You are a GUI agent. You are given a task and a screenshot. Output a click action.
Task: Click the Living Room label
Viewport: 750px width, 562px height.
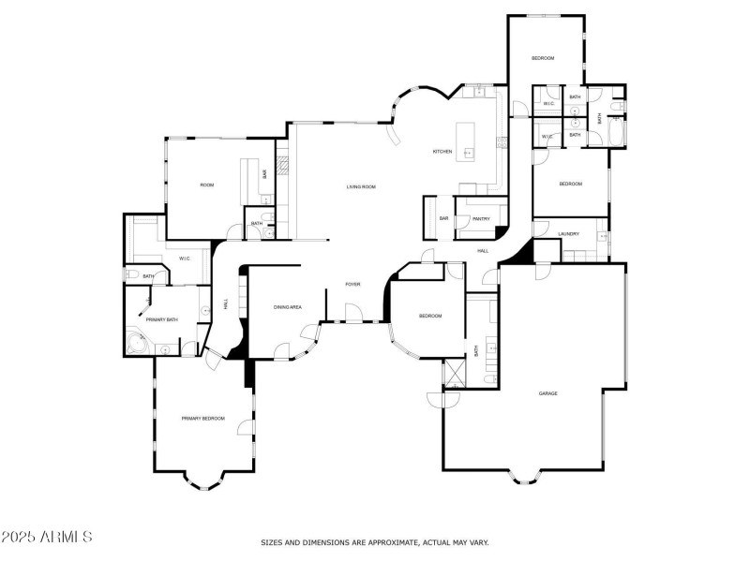pos(361,187)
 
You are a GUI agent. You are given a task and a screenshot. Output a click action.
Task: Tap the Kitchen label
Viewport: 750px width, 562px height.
pos(442,152)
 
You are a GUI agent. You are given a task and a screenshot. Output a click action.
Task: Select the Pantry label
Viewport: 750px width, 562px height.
pos(481,219)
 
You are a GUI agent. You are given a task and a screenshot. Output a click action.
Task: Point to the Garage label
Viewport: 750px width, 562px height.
pos(547,393)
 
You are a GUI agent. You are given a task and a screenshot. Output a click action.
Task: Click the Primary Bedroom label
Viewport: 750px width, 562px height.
pos(202,418)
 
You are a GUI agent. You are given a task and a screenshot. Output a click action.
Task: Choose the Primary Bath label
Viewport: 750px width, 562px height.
pos(161,320)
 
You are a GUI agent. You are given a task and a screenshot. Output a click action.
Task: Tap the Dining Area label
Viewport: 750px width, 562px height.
pos(287,307)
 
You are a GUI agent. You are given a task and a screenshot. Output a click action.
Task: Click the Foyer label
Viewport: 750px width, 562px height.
pos(352,284)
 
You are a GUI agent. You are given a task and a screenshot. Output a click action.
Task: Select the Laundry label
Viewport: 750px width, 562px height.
pos(568,234)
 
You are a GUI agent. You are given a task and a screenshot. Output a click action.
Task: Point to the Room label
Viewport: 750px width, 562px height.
pos(207,185)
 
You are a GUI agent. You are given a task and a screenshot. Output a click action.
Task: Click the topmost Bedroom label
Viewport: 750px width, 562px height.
pos(543,58)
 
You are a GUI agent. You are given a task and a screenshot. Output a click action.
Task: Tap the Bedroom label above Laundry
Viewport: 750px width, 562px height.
pos(570,184)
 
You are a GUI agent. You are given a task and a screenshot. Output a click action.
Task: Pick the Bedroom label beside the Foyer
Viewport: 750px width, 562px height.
pos(429,316)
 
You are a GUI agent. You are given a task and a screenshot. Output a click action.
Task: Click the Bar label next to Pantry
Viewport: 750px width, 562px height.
pos(443,219)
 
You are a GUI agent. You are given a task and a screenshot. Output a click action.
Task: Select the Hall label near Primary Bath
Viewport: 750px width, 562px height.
pos(226,303)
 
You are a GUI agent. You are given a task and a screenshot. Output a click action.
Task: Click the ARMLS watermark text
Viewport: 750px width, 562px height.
pos(47,537)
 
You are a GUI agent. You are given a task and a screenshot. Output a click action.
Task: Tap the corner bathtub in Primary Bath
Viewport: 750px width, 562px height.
pos(137,343)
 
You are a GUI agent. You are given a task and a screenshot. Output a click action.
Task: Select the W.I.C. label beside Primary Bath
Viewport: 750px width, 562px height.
pos(186,259)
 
